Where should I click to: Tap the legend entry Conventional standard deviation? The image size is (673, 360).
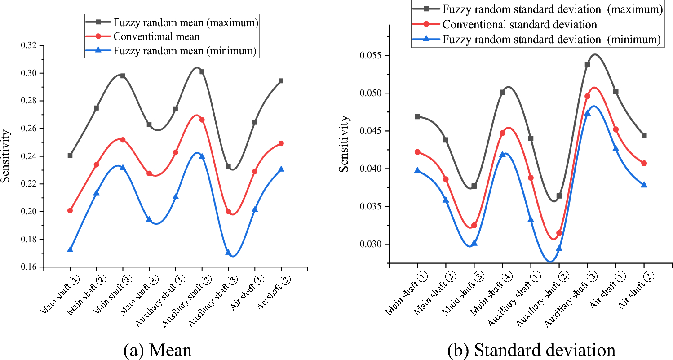tap(519, 24)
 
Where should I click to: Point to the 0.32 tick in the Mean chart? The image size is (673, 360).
tap(30, 46)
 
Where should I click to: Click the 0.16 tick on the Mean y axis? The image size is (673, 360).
tap(30, 267)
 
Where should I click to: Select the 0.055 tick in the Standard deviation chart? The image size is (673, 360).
tap(375, 56)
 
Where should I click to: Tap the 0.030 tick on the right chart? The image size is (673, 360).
tap(375, 244)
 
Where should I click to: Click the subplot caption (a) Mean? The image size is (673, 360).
tap(157, 350)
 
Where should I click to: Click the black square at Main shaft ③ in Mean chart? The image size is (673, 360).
tap(123, 76)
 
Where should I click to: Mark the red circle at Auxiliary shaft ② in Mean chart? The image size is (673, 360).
tap(202, 120)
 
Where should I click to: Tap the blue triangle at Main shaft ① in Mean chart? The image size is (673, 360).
tap(70, 249)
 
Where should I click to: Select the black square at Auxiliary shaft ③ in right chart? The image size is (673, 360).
tap(587, 64)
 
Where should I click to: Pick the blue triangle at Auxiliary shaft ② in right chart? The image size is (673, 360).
tap(559, 249)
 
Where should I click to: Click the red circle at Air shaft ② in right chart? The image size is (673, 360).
tap(644, 163)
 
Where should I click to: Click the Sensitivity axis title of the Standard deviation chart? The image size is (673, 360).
tap(344, 144)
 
